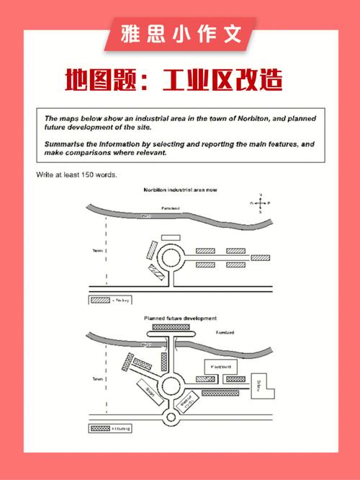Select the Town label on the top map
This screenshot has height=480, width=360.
coord(99,251)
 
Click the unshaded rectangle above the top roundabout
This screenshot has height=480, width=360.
coord(171,236)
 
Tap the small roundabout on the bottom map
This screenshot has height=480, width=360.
coord(171,418)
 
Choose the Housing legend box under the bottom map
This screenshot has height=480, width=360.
coord(99,429)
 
